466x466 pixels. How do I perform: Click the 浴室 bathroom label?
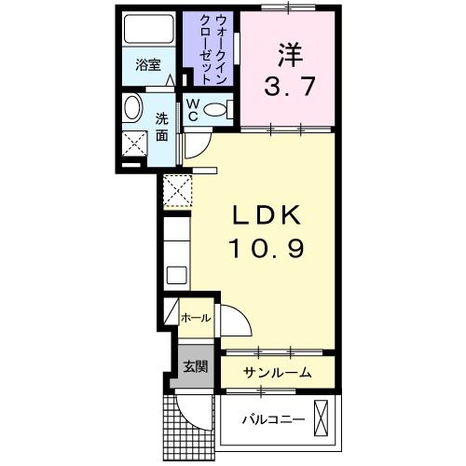point(147,65)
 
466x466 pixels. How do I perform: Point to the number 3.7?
point(288,86)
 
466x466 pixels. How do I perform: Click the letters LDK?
point(266,216)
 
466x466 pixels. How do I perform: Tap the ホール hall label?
point(195,318)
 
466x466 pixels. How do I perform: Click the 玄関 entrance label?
point(194,366)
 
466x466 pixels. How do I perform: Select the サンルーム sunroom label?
point(277,372)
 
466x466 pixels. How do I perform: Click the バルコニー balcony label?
point(274,420)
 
